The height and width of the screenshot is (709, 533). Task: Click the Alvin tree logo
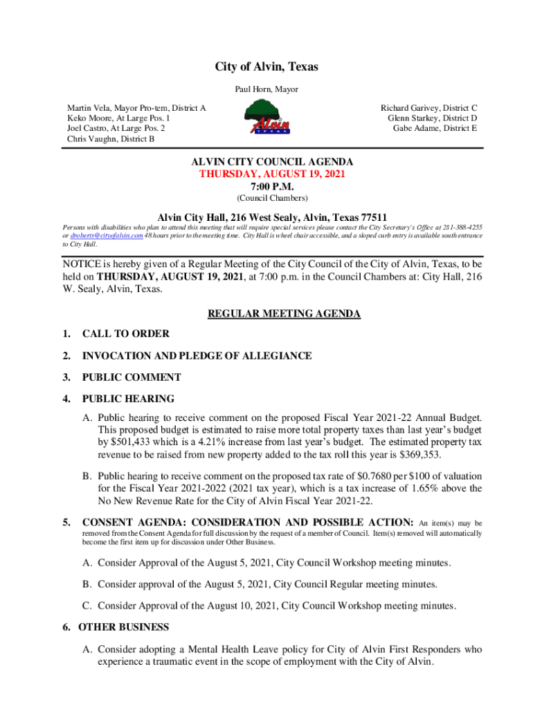point(266,118)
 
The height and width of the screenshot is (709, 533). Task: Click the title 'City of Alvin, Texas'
point(266,67)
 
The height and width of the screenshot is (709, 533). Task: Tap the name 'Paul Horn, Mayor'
point(266,89)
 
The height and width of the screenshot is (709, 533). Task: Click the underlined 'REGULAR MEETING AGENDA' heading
point(284,314)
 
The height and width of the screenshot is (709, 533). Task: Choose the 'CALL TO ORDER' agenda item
point(125,334)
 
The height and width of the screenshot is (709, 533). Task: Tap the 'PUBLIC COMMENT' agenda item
point(132,377)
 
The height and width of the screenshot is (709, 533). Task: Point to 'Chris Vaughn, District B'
point(111,138)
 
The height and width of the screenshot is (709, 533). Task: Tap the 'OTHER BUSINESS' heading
point(123,627)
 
